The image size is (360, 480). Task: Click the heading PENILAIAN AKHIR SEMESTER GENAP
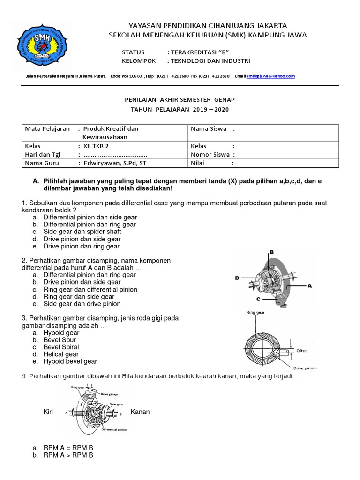(x=180, y=100)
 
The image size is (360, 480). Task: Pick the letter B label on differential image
(x=271, y=252)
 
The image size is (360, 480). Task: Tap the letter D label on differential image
(x=237, y=278)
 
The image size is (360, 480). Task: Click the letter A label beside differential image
(x=309, y=285)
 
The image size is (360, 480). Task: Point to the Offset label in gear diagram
(x=302, y=351)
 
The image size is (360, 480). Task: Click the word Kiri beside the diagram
(x=49, y=412)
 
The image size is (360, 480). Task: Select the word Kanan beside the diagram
(x=140, y=412)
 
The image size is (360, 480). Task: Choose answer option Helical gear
(x=61, y=354)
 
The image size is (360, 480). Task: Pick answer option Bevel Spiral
(x=61, y=347)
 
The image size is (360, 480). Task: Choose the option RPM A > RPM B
(x=68, y=455)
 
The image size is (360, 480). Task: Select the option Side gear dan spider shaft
(x=82, y=232)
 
